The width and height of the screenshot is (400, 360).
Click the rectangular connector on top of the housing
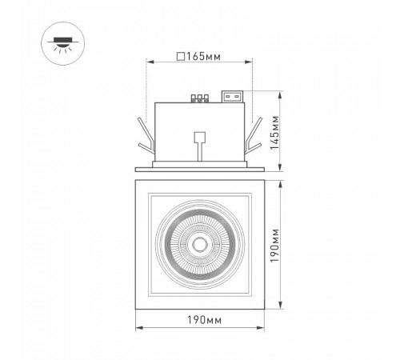click(234, 98)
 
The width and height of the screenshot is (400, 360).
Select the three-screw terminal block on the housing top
click(200, 98)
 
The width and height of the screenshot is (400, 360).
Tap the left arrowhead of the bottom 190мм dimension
click(138, 329)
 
